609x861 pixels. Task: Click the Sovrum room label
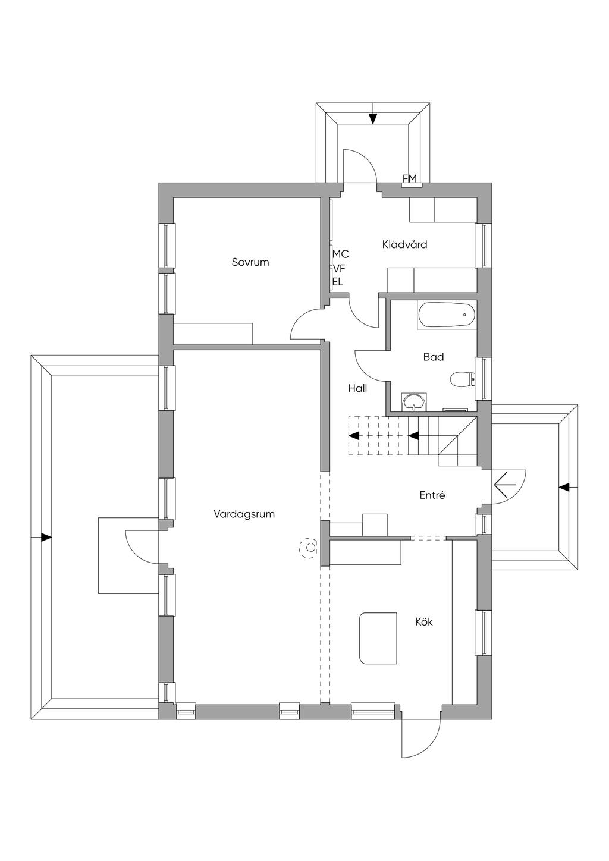[x=250, y=262]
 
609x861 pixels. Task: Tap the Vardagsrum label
[x=244, y=514]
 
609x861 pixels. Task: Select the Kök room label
[x=424, y=622]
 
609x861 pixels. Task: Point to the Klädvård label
[x=404, y=244]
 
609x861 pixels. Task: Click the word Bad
[x=434, y=357]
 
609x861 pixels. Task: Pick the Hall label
[x=357, y=389]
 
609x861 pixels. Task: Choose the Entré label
[x=432, y=495]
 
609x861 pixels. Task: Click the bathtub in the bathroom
[x=446, y=315]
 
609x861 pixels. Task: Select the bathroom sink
[x=413, y=403]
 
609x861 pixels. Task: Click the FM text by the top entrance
[x=410, y=178]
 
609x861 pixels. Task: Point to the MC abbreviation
[x=341, y=254]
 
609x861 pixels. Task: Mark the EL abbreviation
[x=338, y=282]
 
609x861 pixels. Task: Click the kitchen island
[x=378, y=638]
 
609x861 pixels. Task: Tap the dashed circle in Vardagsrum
[x=309, y=548]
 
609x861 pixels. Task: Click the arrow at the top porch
[x=373, y=118]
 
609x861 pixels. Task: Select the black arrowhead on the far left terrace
[x=46, y=538]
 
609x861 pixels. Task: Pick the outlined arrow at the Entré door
[x=504, y=485]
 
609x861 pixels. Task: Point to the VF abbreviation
[x=339, y=268]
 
